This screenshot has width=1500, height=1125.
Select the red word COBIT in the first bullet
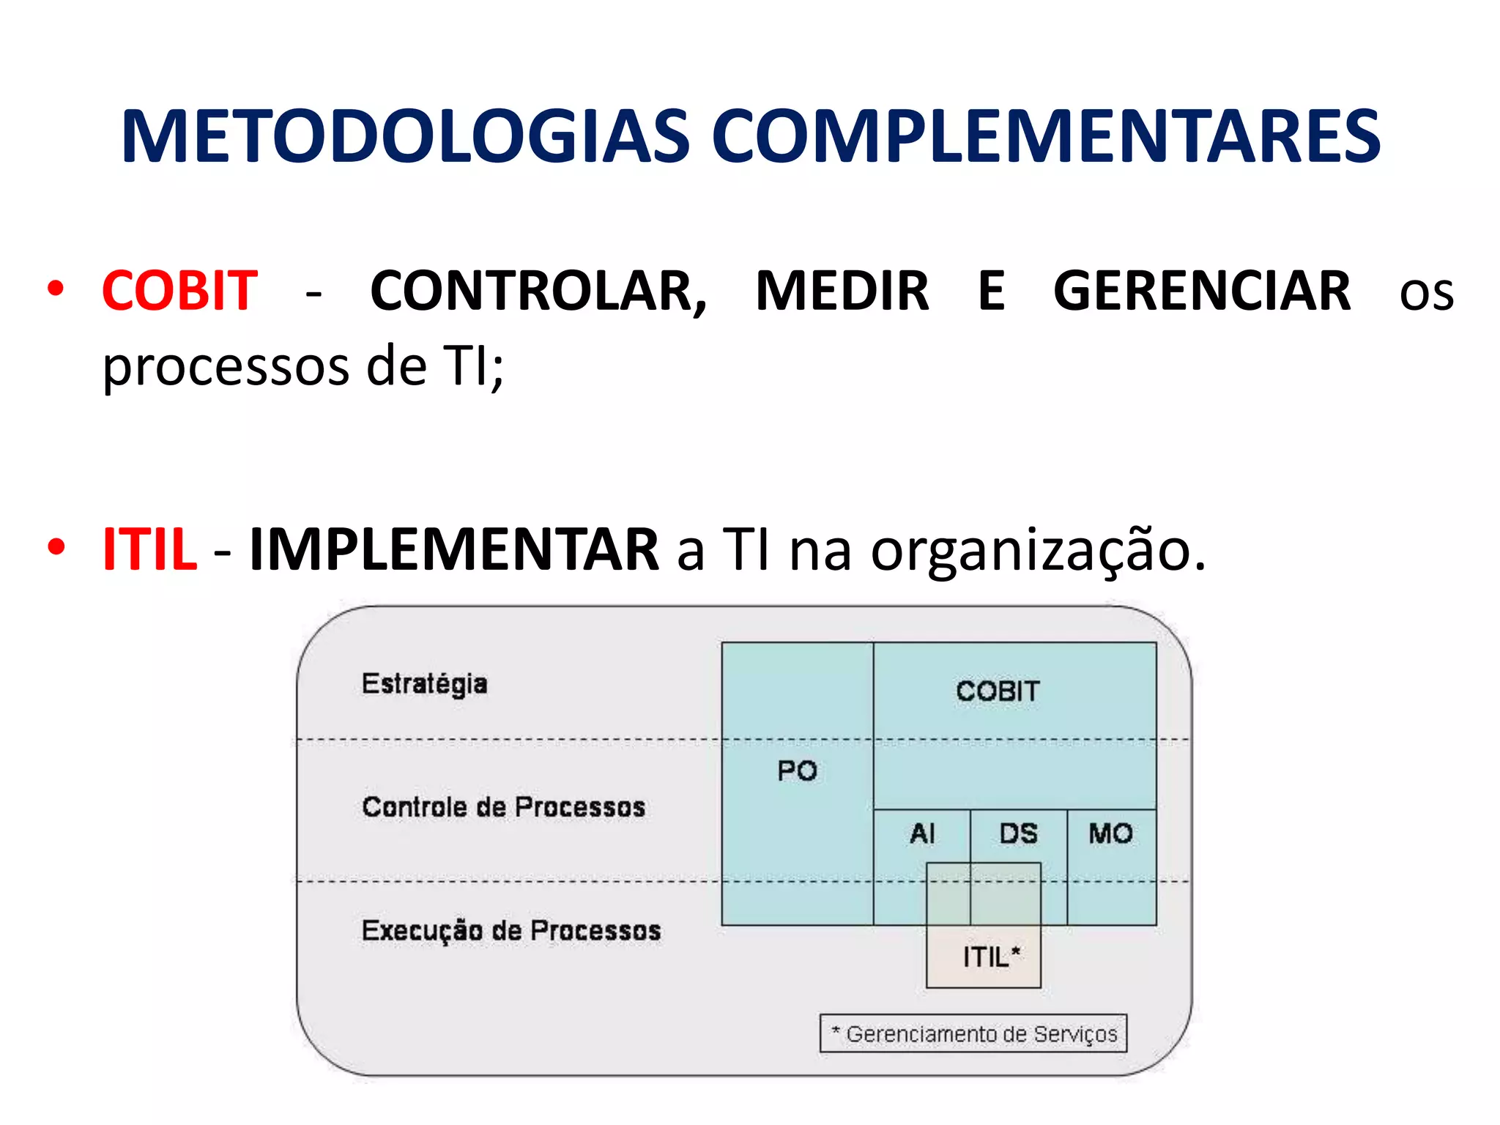179,291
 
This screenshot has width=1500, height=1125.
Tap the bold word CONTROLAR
538,291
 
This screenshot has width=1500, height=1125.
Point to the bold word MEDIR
842,291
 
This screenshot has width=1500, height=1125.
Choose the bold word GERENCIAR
1202,291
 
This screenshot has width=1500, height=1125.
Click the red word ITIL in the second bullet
149,549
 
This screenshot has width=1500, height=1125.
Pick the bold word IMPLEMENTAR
453,549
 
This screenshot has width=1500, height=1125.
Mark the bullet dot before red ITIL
56,547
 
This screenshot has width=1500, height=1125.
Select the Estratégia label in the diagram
424,684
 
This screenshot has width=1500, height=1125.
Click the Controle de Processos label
503,807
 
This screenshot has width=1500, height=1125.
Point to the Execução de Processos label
510,931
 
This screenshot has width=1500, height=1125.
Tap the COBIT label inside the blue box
998,691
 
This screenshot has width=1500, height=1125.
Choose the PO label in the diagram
797,771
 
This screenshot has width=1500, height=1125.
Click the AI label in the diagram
922,833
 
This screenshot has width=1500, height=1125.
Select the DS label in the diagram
1018,833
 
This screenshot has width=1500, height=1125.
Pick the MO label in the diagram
1110,833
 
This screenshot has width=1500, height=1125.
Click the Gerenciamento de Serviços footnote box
973,1033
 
